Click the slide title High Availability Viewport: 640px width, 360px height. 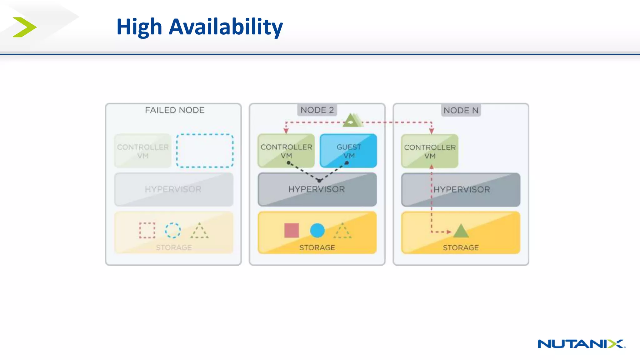pos(199,27)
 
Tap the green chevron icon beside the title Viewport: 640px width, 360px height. pos(24,27)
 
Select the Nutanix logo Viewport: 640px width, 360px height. pos(581,344)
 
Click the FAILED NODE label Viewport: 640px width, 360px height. pos(174,110)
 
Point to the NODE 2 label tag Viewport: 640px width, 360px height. pos(317,110)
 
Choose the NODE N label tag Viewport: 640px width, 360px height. pos(461,110)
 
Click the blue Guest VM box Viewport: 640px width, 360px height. pos(348,151)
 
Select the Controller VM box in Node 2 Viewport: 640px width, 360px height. pos(286,151)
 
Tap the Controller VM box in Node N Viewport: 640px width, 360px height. pos(430,151)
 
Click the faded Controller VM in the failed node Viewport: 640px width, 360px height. pos(143,151)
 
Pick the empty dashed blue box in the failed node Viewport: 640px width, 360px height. pos(205,151)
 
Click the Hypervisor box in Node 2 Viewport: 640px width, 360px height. pos(317,189)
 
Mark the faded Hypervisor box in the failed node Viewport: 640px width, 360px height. pos(174,189)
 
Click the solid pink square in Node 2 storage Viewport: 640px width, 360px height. pos(292,230)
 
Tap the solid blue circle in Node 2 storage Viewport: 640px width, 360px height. pos(317,230)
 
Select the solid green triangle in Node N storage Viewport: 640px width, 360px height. pos(461,232)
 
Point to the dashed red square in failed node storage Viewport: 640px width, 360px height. pos(147,230)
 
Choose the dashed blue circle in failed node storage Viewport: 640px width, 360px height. pos(173,230)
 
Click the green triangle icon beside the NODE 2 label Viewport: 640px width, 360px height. pos(352,120)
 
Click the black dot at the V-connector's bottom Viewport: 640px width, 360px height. pos(319,180)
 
